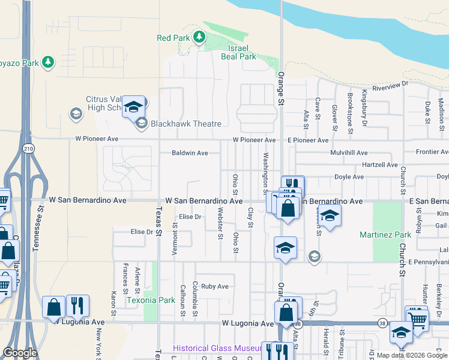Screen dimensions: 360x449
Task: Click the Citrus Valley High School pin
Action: point(134,107)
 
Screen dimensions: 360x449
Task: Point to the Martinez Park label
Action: point(385,235)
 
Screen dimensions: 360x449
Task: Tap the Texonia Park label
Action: point(150,299)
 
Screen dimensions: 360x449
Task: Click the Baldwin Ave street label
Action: point(190,153)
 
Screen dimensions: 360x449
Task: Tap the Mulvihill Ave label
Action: point(351,153)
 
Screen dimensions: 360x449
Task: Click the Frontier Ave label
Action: point(432,152)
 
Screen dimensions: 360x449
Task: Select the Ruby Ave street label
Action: point(215,286)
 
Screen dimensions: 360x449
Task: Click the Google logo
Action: point(20,353)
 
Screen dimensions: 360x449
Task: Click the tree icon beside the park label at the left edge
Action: point(48,62)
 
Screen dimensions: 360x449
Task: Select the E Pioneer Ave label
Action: point(307,140)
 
